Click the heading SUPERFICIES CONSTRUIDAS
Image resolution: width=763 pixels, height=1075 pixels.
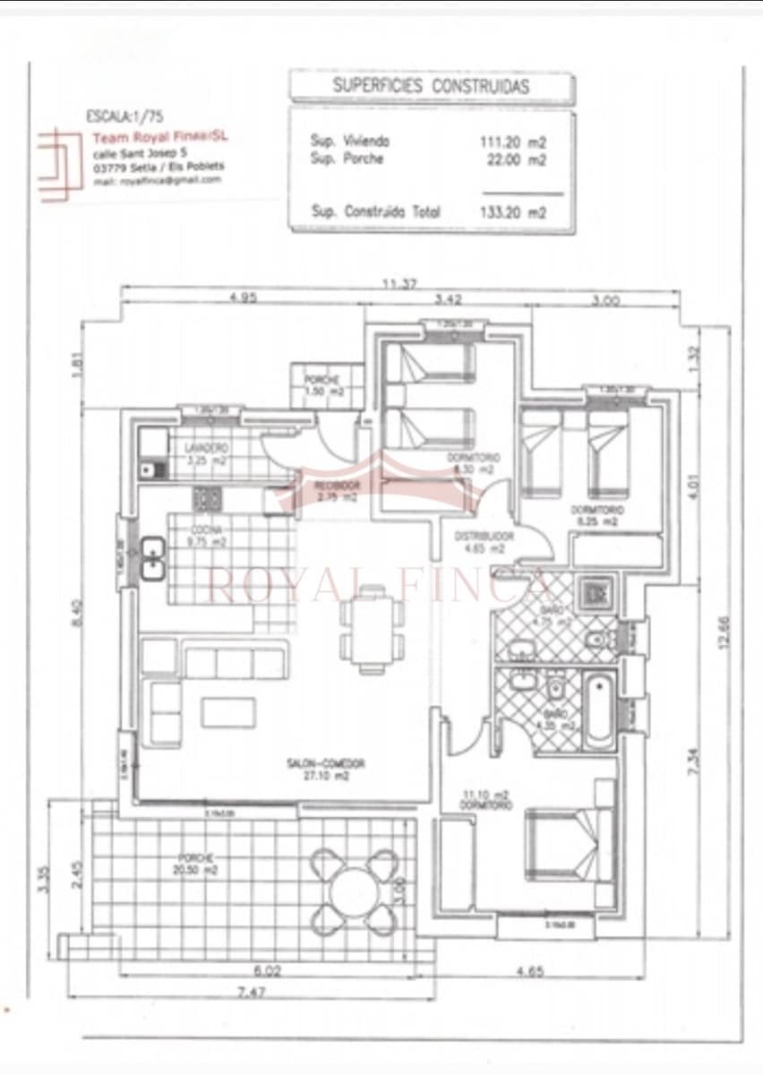(431, 87)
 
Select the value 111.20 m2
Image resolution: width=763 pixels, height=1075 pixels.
(513, 142)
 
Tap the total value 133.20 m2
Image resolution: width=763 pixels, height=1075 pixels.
(513, 212)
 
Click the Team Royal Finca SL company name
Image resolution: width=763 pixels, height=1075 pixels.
(160, 137)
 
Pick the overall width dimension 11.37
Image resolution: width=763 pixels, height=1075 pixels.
(399, 284)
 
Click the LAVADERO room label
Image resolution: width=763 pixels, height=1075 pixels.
(207, 448)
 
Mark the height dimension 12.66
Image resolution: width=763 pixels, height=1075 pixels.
(724, 632)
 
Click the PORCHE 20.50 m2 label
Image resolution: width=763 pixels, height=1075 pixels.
(196, 863)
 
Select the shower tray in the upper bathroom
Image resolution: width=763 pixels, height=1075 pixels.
(596, 593)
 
